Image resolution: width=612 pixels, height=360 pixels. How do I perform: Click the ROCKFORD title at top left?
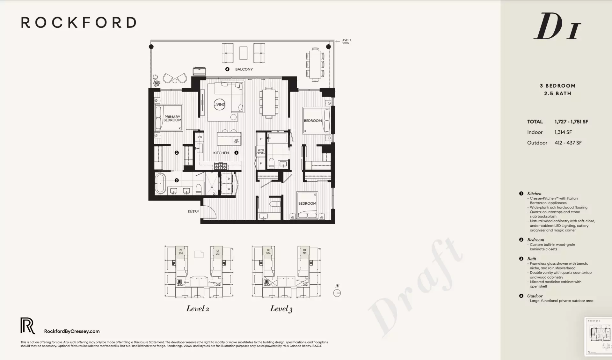click(79, 23)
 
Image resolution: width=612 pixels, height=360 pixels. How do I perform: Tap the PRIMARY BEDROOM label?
click(172, 118)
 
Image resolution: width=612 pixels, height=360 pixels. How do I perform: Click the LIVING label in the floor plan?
click(219, 105)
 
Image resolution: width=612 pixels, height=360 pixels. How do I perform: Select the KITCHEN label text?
click(221, 153)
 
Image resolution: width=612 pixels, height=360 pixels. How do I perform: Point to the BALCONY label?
click(244, 69)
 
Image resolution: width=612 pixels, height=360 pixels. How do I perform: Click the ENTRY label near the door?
click(193, 212)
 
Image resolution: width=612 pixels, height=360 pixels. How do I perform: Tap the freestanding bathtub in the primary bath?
click(160, 183)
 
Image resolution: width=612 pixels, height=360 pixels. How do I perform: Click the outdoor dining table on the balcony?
click(315, 65)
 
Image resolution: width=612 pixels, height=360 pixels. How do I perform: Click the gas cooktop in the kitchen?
click(221, 166)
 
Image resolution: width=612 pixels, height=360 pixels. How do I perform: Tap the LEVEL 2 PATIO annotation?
click(346, 41)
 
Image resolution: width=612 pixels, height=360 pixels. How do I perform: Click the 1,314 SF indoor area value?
click(563, 132)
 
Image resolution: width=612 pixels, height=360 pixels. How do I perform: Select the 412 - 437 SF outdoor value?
click(568, 143)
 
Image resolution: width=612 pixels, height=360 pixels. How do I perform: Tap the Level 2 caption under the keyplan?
click(198, 309)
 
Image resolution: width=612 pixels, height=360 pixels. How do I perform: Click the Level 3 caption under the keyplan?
click(281, 309)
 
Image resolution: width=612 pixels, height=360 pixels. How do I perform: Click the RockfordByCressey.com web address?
click(72, 331)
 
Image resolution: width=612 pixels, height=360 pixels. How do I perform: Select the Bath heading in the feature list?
click(531, 259)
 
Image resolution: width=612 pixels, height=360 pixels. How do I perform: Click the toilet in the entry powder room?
click(274, 203)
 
